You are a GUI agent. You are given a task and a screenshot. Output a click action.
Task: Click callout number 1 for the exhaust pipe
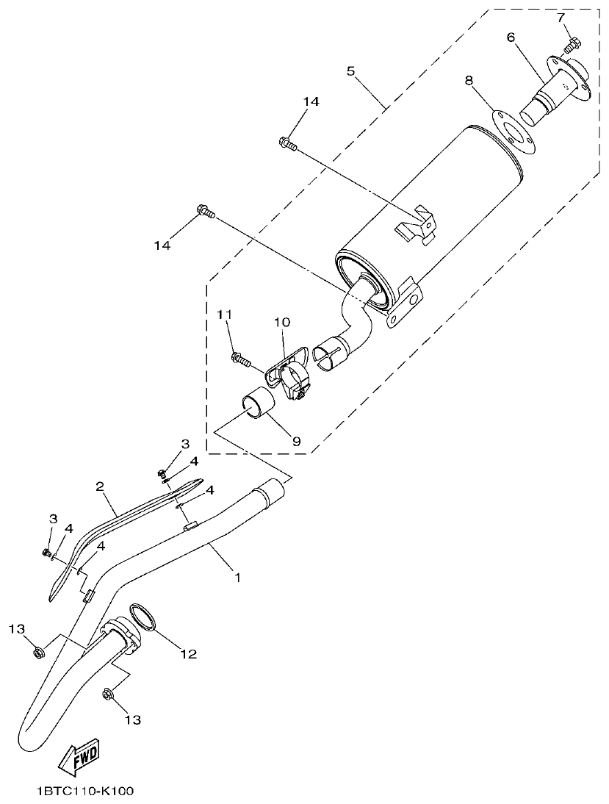237,578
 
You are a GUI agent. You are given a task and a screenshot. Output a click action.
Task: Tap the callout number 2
99,487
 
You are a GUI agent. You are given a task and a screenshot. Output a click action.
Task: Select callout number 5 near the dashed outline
350,71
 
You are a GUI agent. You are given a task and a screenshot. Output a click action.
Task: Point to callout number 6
511,37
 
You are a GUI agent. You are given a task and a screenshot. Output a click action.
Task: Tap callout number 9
297,441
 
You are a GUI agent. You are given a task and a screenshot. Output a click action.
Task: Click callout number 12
189,653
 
